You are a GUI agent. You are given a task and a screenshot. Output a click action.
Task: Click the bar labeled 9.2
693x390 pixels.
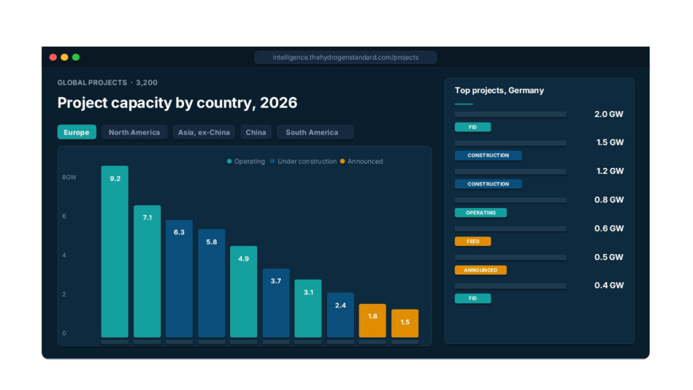(114, 251)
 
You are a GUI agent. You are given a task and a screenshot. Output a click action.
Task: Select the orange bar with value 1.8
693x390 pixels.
(372, 320)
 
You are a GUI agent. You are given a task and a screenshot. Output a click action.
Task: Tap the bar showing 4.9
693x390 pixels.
(244, 291)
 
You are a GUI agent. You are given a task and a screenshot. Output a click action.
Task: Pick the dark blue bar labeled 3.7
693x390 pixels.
(275, 303)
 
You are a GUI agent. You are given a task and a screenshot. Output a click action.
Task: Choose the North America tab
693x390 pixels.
(134, 132)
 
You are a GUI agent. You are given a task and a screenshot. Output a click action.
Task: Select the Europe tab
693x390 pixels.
(76, 132)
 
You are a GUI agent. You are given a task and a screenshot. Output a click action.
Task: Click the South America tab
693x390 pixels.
(312, 132)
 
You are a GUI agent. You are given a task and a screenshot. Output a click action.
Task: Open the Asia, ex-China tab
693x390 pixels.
(204, 132)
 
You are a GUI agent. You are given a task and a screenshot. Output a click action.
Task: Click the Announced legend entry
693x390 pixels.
(361, 161)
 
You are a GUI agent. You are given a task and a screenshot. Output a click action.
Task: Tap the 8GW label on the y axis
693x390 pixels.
(69, 177)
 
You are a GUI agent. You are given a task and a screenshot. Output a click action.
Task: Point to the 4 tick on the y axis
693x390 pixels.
(64, 255)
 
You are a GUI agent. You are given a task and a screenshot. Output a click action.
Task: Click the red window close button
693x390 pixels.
(53, 58)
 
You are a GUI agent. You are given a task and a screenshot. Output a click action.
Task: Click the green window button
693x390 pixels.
(76, 58)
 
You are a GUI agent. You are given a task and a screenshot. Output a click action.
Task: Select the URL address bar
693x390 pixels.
(345, 58)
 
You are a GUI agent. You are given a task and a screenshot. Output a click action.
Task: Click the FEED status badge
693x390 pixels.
(472, 241)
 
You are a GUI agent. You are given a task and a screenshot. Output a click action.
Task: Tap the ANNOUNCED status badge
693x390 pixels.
(480, 270)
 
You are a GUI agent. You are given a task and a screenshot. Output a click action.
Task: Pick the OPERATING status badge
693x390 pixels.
(480, 213)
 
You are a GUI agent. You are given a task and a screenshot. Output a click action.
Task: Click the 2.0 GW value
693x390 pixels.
(608, 114)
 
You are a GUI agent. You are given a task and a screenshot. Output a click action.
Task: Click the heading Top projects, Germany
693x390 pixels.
(499, 90)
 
